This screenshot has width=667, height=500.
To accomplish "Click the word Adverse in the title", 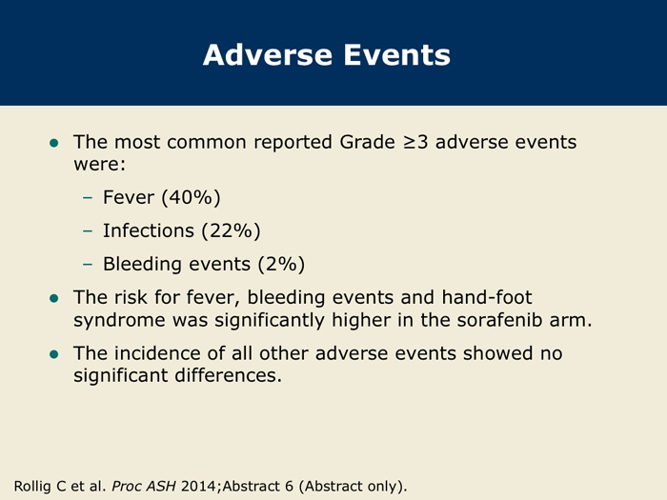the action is point(268,55).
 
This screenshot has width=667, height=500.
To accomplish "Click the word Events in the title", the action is point(397,55).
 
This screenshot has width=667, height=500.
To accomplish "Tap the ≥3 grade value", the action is point(415,142).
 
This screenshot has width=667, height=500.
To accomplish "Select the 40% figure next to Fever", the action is point(191,197).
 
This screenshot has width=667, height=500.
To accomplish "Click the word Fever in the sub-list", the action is point(129,197).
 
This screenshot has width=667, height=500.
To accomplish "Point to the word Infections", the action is point(149,230).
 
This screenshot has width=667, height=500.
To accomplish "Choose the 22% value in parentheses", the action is point(231,230).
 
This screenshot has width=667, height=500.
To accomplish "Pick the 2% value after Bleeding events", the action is point(282,264).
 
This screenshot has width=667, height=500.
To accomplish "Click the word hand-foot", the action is point(487,297).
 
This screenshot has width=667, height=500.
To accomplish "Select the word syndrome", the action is point(119,321).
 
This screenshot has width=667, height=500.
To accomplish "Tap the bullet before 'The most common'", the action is point(54,143).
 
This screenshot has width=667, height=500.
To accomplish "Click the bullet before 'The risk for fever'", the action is point(54,298).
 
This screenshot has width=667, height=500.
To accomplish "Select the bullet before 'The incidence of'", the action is point(54,354).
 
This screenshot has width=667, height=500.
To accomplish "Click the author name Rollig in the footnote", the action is point(32,486).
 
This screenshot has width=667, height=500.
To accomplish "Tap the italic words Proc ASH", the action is point(144,486).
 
